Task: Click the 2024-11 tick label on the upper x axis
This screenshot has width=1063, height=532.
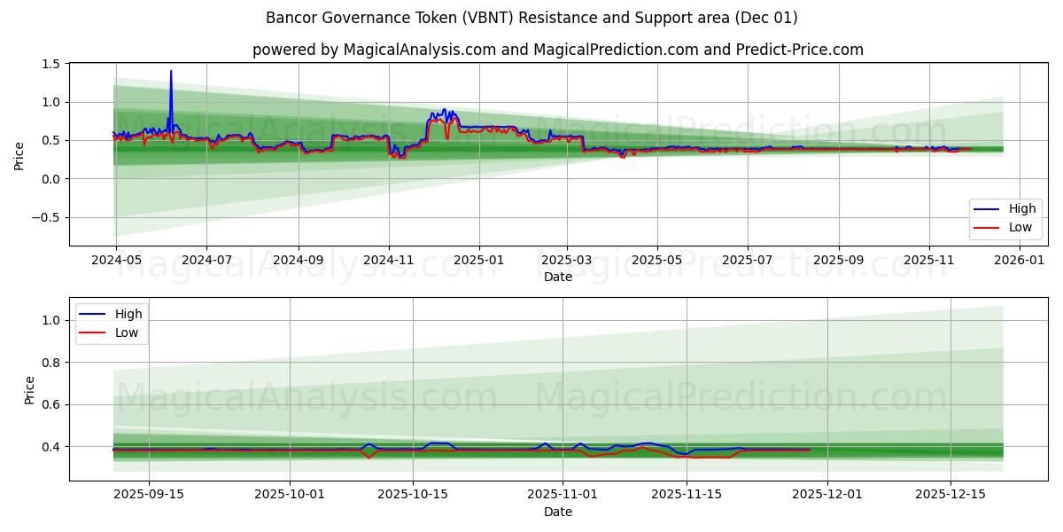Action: pyautogui.click(x=388, y=261)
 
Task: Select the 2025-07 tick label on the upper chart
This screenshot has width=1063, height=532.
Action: pyautogui.click(x=747, y=261)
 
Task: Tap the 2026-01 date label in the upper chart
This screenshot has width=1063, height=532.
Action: pyautogui.click(x=1020, y=261)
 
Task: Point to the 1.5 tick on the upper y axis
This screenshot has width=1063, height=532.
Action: pyautogui.click(x=50, y=64)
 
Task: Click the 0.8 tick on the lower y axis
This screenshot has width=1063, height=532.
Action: pyautogui.click(x=50, y=363)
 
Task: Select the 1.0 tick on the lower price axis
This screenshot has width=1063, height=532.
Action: pyautogui.click(x=50, y=320)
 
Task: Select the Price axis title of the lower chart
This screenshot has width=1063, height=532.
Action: pyautogui.click(x=29, y=390)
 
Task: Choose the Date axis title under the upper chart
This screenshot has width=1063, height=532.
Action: pyautogui.click(x=557, y=277)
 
